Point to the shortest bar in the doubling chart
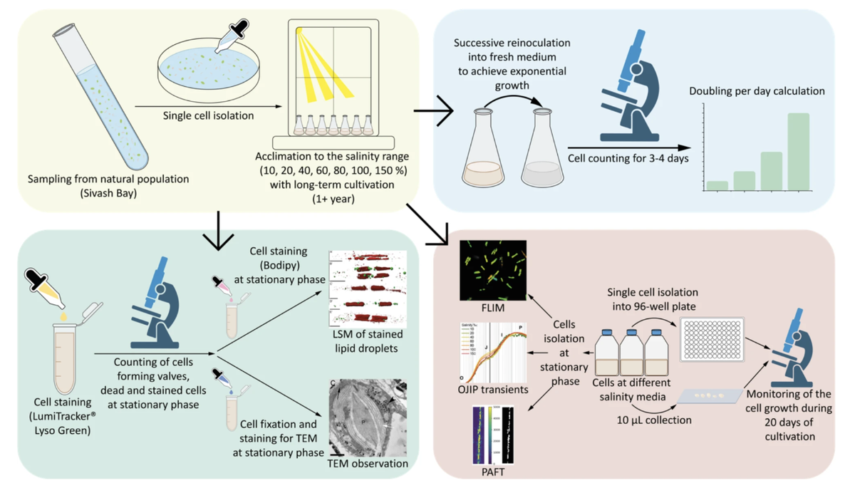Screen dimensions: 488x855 (717, 185)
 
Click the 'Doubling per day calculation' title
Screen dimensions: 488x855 (757, 91)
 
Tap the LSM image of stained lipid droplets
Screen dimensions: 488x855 (368, 289)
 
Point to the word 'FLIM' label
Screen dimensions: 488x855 (493, 308)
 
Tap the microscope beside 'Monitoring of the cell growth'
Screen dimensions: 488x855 (797, 348)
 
